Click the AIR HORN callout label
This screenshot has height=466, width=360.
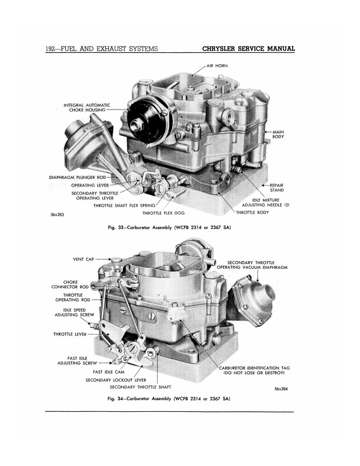217,66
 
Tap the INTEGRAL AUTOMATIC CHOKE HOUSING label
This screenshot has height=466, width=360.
86,108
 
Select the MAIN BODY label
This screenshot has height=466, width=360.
278,134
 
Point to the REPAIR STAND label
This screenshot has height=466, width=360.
276,188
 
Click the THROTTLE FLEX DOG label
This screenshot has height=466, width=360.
164,213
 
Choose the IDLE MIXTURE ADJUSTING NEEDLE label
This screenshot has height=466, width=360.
265,202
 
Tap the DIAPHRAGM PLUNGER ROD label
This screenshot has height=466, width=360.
77,178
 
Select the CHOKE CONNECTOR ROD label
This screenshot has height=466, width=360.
70,284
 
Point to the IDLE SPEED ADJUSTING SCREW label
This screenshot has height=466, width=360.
74,312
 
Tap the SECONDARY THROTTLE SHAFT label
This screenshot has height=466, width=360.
141,387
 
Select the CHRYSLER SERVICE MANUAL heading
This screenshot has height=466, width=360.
248,49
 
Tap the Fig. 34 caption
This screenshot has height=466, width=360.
169,398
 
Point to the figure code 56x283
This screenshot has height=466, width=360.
57,215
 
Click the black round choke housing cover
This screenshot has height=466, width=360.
143,122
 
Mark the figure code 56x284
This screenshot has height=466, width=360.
281,389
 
